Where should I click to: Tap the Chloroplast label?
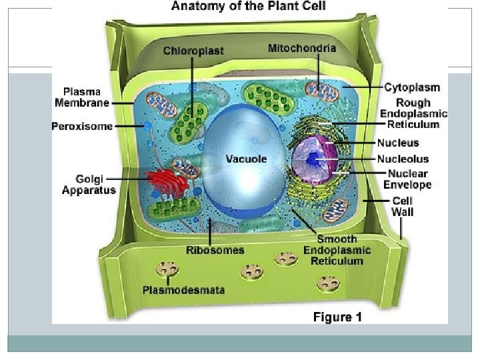[x=193, y=51]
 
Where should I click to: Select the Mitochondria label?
[x=302, y=48]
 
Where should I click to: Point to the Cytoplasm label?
[x=412, y=87]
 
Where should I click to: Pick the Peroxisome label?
[x=82, y=127]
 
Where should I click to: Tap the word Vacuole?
[x=246, y=159]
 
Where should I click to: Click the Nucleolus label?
[x=403, y=159]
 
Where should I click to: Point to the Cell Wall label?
[x=402, y=206]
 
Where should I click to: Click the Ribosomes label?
[x=215, y=250]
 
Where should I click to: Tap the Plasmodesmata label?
[x=183, y=290]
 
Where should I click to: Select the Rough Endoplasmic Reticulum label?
[x=409, y=113]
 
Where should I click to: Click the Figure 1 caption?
[x=337, y=317]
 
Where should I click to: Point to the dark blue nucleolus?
[x=314, y=159]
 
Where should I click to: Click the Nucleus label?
[x=398, y=143]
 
